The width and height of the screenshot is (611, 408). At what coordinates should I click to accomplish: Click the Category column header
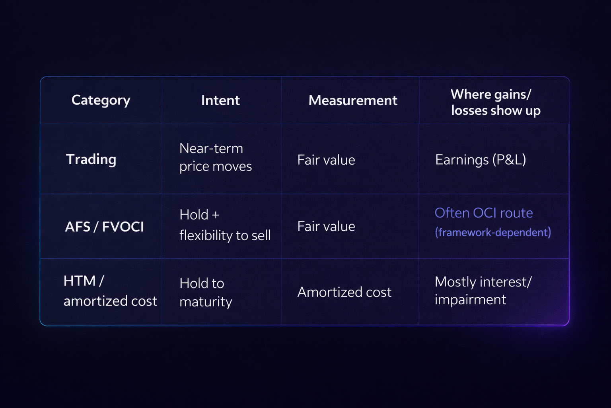tap(101, 100)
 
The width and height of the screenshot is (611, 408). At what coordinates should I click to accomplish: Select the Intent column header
tap(220, 100)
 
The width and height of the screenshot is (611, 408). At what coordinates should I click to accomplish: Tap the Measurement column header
tap(353, 100)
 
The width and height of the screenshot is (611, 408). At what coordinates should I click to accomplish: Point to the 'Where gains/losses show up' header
tap(495, 102)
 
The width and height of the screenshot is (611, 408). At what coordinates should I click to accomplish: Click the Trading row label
tap(91, 159)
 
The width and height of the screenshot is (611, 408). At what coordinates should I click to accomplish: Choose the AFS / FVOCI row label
tap(104, 227)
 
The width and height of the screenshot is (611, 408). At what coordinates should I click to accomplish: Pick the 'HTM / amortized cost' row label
tap(110, 291)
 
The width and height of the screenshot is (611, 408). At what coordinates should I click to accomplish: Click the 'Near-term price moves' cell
tap(216, 157)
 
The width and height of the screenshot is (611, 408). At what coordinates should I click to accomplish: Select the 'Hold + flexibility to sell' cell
tap(225, 225)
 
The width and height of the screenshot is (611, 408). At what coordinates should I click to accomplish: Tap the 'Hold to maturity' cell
tap(206, 292)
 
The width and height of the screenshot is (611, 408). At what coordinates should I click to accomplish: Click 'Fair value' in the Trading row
tap(326, 160)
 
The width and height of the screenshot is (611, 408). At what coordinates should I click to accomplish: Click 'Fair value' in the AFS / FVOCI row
tap(326, 226)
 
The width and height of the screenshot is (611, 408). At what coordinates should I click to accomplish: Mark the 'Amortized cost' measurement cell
tap(344, 292)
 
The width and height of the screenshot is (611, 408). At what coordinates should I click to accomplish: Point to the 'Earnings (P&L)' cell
tap(481, 160)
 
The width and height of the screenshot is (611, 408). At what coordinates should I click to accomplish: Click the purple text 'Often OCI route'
tap(484, 213)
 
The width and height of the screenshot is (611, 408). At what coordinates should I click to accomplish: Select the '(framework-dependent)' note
tap(493, 232)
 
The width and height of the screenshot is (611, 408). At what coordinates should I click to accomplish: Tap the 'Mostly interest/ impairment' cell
tap(483, 290)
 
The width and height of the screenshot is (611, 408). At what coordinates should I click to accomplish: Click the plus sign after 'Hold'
tap(216, 215)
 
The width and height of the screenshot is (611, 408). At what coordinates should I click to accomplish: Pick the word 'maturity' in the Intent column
tap(206, 302)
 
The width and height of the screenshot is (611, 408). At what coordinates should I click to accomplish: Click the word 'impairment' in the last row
tap(471, 300)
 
